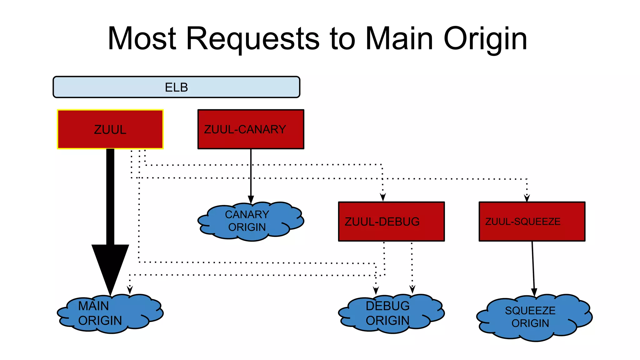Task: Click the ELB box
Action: pos(176,87)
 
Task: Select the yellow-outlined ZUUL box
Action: pos(110,129)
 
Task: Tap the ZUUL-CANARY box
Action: pos(251,129)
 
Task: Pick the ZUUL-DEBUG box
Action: pos(391,222)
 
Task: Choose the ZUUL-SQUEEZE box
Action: pos(532,222)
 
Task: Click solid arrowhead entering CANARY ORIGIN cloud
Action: pos(251,200)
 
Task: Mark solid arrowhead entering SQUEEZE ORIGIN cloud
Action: pos(534,292)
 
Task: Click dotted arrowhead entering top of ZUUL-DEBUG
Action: pos(383,197)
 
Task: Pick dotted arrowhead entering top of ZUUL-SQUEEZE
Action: pos(527,198)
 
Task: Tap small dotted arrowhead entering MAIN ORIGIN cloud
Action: pos(130,290)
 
